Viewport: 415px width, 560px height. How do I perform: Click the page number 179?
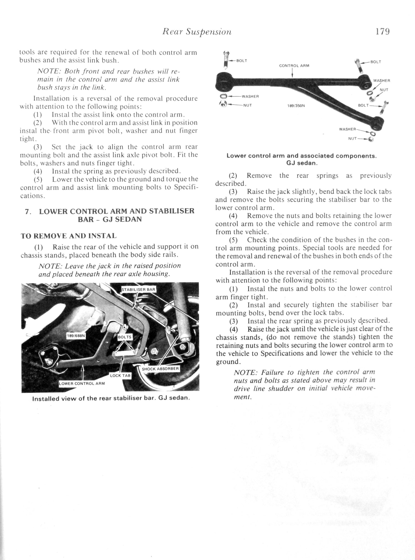tap(382, 32)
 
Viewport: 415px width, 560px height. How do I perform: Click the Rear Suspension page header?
tap(197, 32)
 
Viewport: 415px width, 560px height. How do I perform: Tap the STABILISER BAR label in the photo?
tap(139, 289)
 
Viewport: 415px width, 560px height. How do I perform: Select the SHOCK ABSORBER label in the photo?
tap(160, 369)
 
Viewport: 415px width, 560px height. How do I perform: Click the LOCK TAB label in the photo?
tap(120, 375)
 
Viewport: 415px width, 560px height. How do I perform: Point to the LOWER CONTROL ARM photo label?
tap(82, 383)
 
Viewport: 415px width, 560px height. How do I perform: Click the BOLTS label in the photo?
tap(125, 337)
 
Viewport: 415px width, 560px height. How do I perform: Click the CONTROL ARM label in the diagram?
tap(294, 66)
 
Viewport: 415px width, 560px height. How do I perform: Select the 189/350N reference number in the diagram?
tap(296, 105)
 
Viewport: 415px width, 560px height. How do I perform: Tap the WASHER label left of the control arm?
tap(250, 96)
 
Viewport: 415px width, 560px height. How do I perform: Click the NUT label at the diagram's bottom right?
tap(352, 138)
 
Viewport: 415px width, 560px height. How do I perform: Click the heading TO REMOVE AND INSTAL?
tap(69, 236)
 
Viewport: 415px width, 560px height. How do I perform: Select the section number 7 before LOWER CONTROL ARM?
tap(27, 211)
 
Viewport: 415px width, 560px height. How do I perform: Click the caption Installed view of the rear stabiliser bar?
tap(111, 399)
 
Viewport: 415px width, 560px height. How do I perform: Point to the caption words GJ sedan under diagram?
tap(302, 163)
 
